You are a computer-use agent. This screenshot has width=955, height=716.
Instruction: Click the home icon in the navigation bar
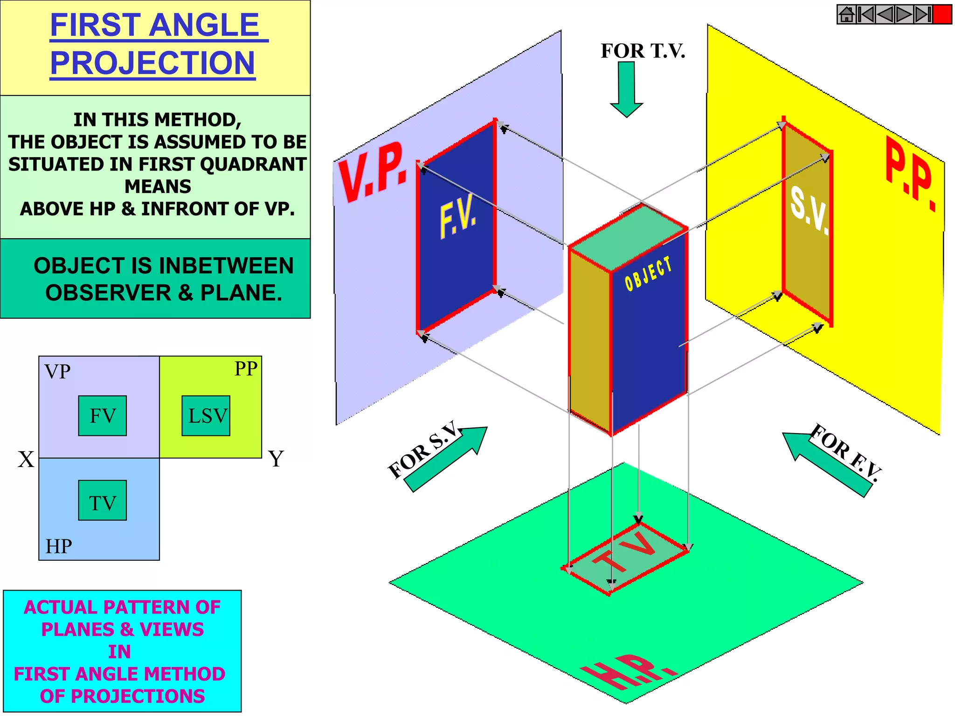[x=846, y=14]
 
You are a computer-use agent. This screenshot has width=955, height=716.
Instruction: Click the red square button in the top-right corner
[x=942, y=14]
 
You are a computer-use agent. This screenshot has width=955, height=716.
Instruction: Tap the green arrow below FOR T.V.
[x=626, y=89]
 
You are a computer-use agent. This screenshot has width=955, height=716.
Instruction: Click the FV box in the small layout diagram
[x=102, y=416]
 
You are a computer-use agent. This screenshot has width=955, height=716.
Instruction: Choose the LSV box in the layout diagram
[x=206, y=416]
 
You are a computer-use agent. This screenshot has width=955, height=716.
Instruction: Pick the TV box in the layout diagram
[x=102, y=500]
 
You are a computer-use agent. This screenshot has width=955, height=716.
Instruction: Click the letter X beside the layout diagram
[x=26, y=459]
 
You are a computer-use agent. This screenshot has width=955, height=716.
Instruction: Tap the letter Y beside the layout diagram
[x=276, y=459]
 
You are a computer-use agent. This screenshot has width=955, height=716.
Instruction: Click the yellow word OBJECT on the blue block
[x=649, y=274]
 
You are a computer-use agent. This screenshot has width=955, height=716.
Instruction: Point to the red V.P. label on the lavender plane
[x=372, y=173]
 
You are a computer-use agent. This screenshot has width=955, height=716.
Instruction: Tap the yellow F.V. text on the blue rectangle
[x=458, y=216]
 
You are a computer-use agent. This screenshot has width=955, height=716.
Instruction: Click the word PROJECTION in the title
[x=152, y=62]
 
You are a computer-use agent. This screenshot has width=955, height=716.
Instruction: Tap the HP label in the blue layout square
[x=59, y=546]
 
